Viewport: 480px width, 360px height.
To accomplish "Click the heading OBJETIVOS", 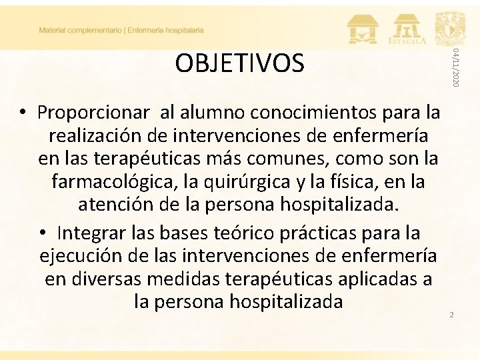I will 239,63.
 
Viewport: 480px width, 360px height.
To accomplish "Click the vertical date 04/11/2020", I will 455,67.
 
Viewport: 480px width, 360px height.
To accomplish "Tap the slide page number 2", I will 451,314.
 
